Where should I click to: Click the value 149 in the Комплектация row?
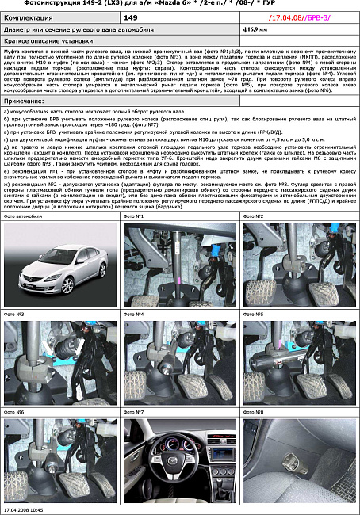click(x=132, y=16)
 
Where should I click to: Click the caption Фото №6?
click(x=15, y=412)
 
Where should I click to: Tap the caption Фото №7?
click(x=134, y=412)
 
